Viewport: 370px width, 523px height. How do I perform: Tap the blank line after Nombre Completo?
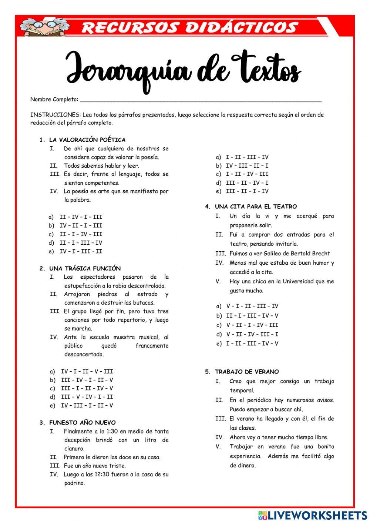200,99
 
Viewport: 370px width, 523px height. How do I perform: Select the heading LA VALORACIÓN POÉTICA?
87,140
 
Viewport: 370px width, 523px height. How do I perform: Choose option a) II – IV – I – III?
76,217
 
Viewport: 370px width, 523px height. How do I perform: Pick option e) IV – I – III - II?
76,251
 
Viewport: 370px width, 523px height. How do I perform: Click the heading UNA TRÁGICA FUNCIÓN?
85,268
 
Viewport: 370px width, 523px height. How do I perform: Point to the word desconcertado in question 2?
84,354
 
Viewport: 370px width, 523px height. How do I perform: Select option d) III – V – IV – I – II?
82,397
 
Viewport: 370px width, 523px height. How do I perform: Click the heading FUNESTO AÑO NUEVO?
82,422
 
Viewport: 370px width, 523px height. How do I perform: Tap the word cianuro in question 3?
74,449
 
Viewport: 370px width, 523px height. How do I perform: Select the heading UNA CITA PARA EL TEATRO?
256,207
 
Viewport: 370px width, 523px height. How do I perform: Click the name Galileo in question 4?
273,254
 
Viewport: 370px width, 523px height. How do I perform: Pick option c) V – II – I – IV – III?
248,325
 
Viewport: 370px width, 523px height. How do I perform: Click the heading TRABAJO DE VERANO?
247,372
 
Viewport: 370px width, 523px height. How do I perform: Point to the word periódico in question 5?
259,400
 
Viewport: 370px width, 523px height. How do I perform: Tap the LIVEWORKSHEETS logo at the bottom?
313,515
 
